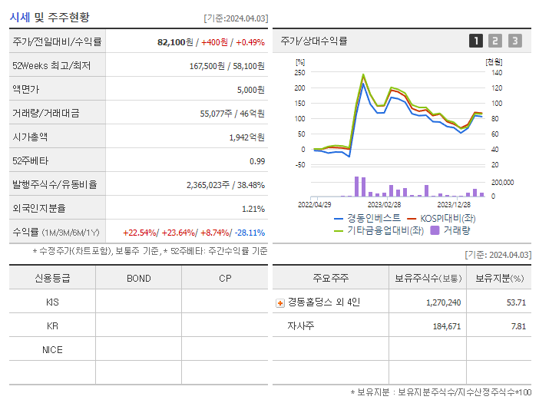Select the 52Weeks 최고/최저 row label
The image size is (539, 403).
coord(51,66)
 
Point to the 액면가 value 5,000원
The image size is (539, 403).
coord(250,90)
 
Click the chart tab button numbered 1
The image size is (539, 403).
coord(476,41)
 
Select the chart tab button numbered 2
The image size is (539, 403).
coord(495,41)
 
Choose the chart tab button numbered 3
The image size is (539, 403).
coord(514,41)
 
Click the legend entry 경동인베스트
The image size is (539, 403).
coord(373,218)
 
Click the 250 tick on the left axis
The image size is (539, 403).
coord(299,72)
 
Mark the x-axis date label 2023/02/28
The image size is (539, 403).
coord(384,205)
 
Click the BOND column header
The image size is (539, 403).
coord(138,278)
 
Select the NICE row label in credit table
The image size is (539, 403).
coord(52,349)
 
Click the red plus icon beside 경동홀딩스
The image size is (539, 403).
coord(279,302)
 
